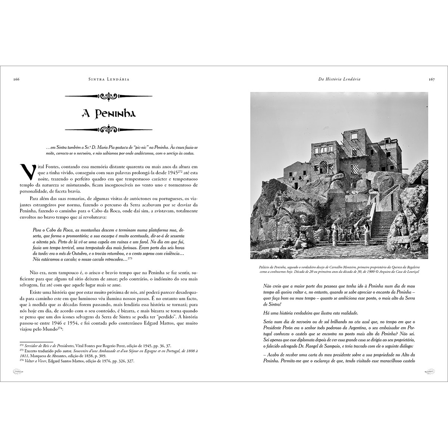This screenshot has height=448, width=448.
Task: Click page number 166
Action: click(16, 79)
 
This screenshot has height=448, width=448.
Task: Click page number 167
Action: click(432, 79)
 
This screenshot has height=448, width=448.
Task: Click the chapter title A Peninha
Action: click(109, 113)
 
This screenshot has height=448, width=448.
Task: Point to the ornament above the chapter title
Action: click(109, 96)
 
